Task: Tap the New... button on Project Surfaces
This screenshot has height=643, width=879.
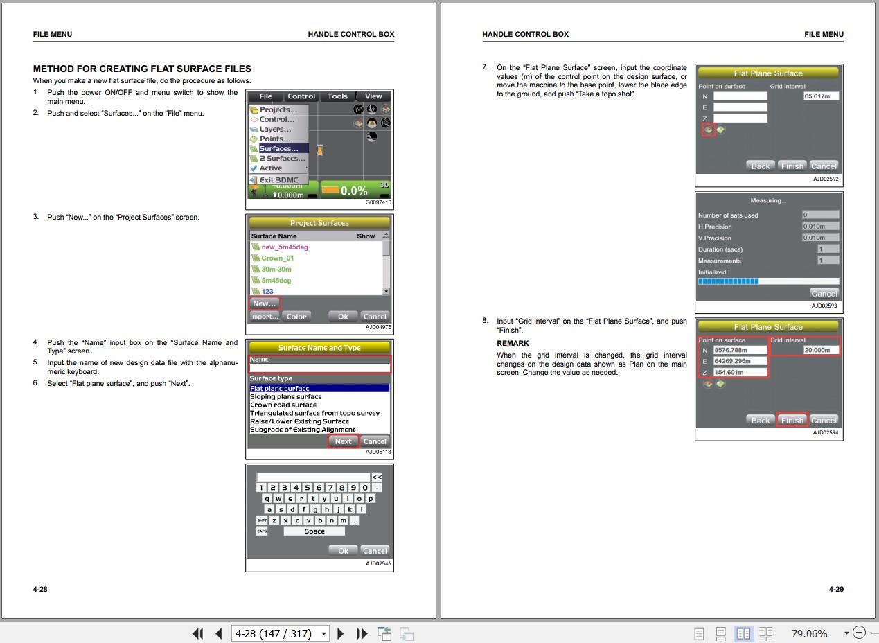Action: (265, 303)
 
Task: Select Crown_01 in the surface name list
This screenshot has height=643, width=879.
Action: (277, 258)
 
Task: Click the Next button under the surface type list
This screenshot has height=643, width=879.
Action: (343, 441)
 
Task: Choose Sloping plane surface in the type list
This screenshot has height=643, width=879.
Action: (285, 396)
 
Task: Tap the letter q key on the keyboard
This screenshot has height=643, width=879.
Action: (267, 499)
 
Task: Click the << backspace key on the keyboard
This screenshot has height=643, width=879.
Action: (377, 477)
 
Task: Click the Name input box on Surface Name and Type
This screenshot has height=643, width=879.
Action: (320, 368)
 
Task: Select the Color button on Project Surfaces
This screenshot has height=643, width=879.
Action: (296, 317)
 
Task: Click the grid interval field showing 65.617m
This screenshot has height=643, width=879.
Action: (821, 96)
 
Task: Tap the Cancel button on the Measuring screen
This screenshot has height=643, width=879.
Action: (824, 293)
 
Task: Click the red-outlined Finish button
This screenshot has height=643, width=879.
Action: (792, 420)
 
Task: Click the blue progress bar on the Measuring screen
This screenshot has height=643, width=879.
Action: (728, 281)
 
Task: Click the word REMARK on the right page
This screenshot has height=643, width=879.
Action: (513, 343)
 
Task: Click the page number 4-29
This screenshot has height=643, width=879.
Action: (836, 589)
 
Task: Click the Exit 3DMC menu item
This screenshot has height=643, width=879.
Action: (278, 179)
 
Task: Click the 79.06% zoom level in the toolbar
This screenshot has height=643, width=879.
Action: (809, 633)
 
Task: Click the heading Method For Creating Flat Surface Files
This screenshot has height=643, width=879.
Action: (142, 69)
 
